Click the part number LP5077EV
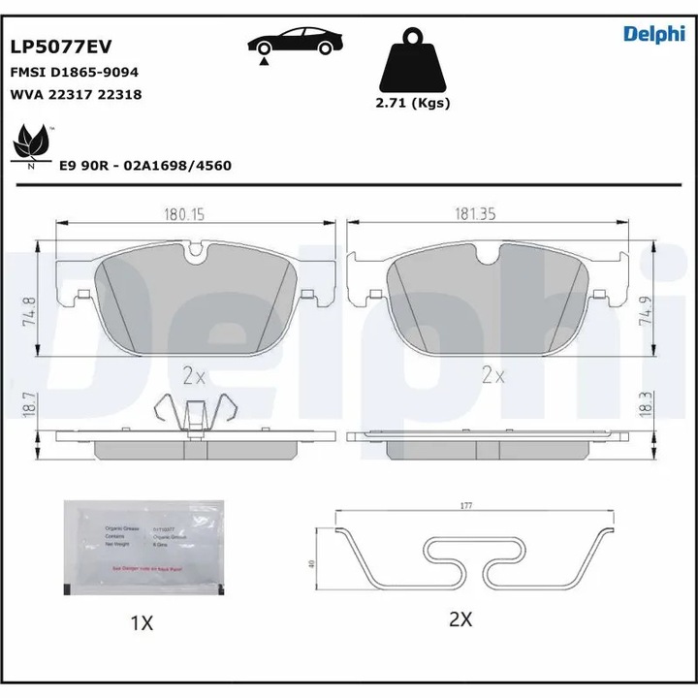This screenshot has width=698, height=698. tap(60, 45)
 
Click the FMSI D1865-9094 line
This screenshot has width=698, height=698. tap(73, 72)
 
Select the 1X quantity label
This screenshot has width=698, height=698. tap(143, 622)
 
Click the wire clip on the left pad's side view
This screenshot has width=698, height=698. tap(196, 412)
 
